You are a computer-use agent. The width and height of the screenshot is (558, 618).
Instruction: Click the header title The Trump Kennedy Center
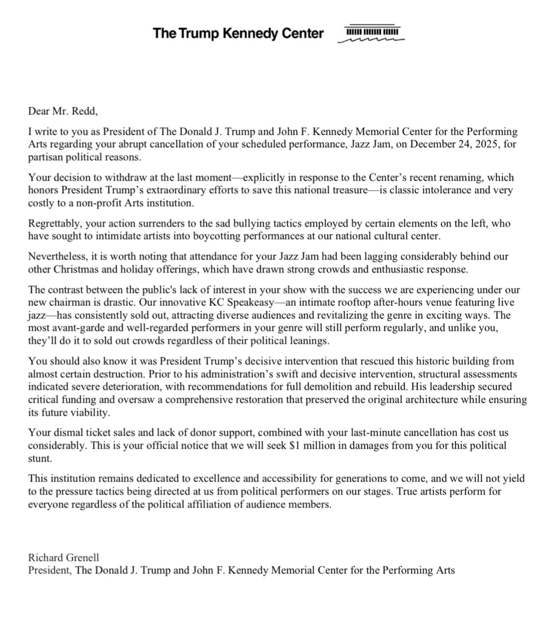pyautogui.click(x=238, y=33)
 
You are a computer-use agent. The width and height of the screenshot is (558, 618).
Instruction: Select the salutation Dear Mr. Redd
pyautogui.click(x=63, y=111)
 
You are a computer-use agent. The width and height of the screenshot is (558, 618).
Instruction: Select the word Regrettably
pyautogui.click(x=55, y=224)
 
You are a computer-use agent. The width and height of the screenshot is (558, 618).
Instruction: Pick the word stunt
pyautogui.click(x=40, y=458)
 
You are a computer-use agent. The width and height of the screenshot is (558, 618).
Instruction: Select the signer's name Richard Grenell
pyautogui.click(x=63, y=558)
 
